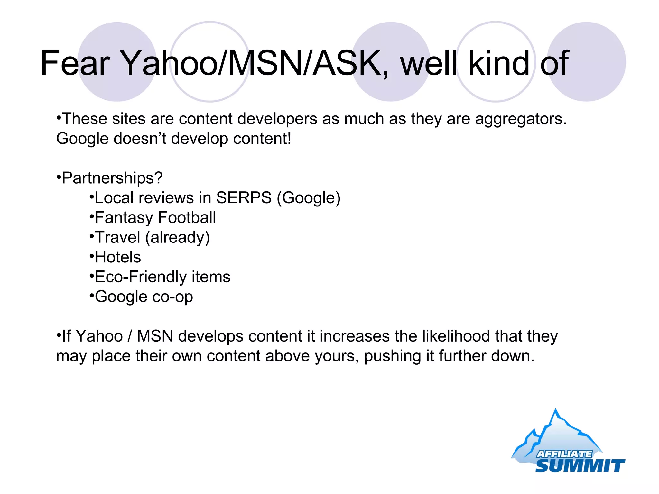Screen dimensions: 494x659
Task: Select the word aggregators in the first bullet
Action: coord(520,119)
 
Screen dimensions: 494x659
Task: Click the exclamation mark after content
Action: coord(289,139)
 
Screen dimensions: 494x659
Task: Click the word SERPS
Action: coord(244,197)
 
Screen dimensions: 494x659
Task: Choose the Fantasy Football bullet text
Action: coord(155,218)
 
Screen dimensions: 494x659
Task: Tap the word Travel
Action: coord(117,237)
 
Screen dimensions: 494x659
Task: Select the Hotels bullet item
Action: coord(118,257)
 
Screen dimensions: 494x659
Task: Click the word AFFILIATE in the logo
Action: coord(564,454)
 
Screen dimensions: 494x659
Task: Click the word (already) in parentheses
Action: coord(177,238)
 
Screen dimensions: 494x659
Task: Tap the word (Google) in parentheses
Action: coord(309,198)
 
